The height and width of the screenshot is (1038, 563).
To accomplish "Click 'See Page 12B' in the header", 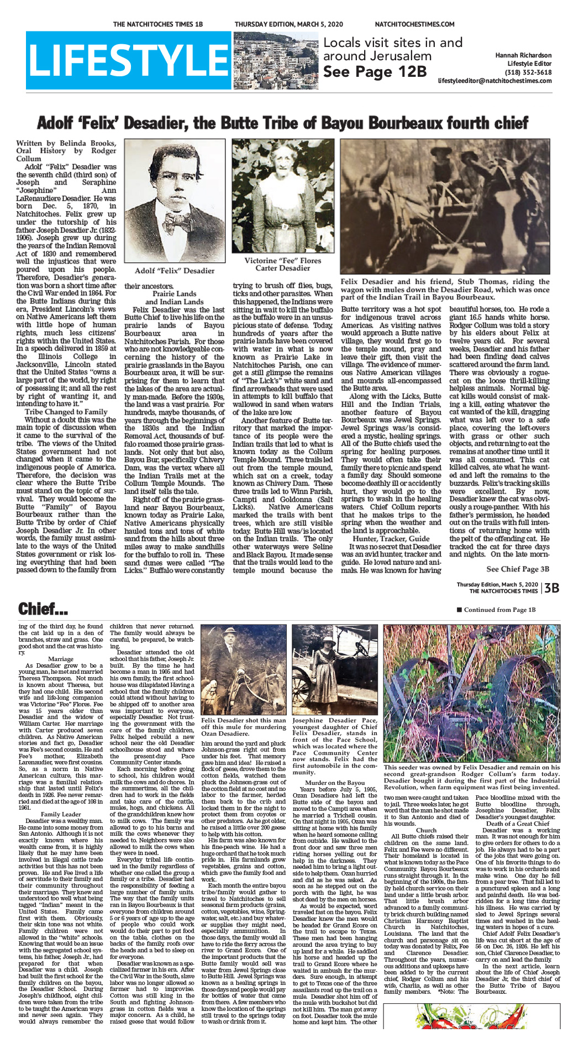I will click(x=375, y=72).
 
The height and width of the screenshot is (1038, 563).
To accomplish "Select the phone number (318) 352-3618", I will click(x=529, y=72).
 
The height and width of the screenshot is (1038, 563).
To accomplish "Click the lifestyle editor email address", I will click(x=494, y=81).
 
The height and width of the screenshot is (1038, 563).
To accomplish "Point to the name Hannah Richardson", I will click(x=523, y=55).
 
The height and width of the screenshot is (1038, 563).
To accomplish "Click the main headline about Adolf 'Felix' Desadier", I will click(x=282, y=122).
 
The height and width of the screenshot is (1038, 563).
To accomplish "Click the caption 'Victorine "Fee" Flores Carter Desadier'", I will click(x=282, y=264).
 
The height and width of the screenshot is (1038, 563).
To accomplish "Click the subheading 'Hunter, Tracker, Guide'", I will click(x=391, y=539).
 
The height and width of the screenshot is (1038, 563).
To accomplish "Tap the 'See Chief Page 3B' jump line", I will click(x=518, y=569).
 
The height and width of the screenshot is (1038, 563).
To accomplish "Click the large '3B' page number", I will click(x=552, y=588).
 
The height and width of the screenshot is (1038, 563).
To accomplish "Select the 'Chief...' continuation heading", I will click(x=43, y=609).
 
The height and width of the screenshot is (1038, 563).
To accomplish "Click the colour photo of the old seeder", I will click(x=471, y=693).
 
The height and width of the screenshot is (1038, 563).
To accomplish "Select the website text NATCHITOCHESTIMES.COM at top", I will click(x=414, y=24).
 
